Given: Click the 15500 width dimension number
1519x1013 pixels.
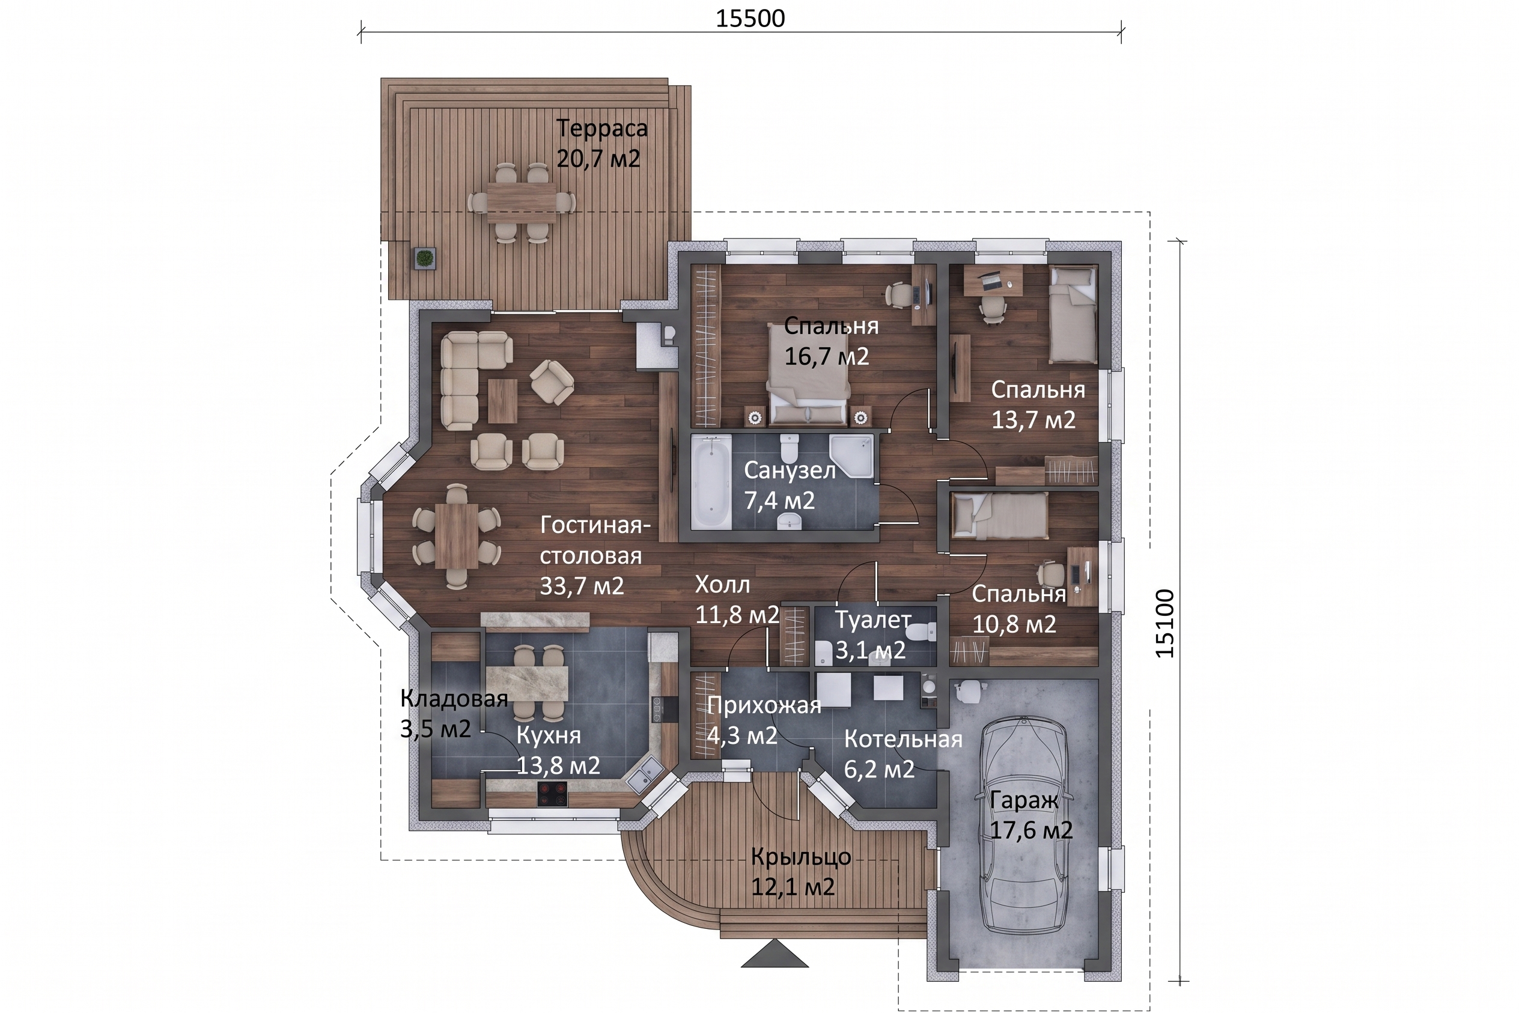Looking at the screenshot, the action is point(750,18).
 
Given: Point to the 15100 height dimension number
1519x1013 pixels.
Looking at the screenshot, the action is point(1165,624).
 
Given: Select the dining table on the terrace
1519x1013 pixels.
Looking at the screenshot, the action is point(522,203).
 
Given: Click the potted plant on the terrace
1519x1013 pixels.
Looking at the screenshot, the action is point(424,258).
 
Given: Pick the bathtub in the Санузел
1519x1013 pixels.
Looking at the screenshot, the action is point(711,482).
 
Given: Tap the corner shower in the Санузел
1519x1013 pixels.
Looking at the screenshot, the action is point(851,455).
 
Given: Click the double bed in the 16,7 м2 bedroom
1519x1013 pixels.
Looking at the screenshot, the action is point(808,374).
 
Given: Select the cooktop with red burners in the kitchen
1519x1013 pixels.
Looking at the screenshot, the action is point(552,794).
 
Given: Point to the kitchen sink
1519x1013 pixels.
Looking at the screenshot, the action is point(643,774).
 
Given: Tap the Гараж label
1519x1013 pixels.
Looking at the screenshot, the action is point(1024,800).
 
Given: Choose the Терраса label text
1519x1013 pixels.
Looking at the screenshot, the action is point(601,128).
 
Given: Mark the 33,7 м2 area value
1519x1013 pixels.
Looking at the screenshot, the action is point(582,586).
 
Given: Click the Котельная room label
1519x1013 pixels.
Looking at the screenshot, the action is point(903,739).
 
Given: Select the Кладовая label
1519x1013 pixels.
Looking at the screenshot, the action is point(454,698).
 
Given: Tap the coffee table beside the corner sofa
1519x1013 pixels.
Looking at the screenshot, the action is point(502,401).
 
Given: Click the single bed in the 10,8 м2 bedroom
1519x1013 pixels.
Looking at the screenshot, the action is point(999,515).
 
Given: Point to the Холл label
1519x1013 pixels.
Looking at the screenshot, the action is point(722,585).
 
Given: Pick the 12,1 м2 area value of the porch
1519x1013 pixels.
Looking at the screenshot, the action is point(793,887).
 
